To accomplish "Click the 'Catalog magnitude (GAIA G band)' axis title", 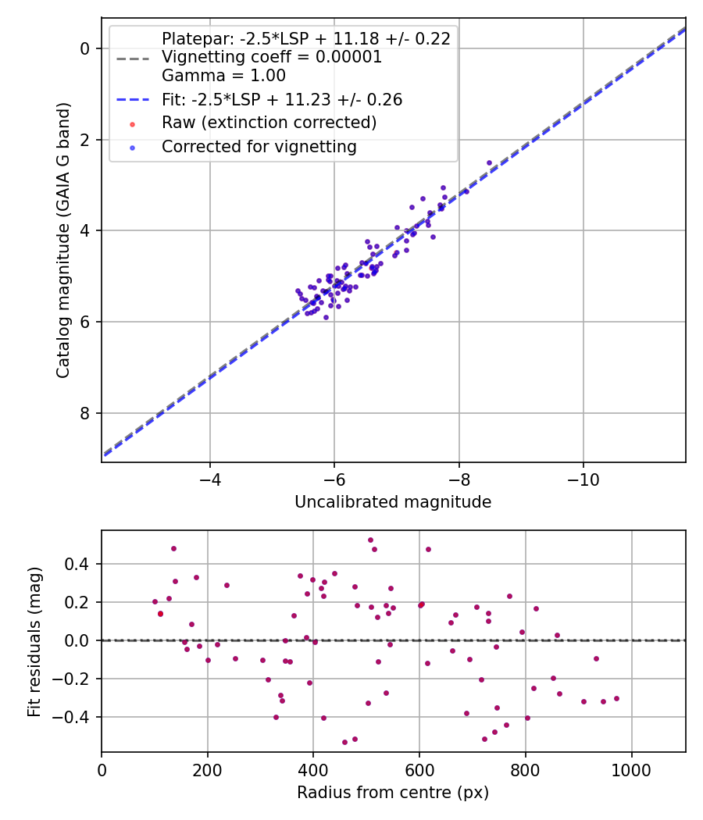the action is pos(62,240).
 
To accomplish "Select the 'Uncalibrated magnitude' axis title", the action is pos(393,502).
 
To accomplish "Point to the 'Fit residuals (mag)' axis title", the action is pos(34,642).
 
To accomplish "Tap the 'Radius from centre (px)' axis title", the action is pos(393,793).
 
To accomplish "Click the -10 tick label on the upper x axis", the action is pos(583,480).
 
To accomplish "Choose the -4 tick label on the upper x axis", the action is pos(210,480).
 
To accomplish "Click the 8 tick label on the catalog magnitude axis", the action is pos(84,413).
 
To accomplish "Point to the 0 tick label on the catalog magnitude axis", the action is pos(84,48).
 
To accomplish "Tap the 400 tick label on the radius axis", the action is pos(313,770).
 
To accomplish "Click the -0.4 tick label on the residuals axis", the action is pos(70,717).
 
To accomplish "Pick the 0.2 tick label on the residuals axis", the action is pos(77,602).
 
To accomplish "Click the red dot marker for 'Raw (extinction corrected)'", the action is pos(132,124).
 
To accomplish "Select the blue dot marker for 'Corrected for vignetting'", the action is pos(132,148).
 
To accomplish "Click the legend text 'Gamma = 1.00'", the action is pos(224,76).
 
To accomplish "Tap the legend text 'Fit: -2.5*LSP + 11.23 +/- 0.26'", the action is pos(282,99).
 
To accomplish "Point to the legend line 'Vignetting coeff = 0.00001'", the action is pos(272,57).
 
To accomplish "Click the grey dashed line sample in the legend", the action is pos(132,58).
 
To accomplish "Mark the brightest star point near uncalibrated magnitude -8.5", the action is pos(489,163).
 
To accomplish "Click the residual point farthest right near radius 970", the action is pos(616,699).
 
